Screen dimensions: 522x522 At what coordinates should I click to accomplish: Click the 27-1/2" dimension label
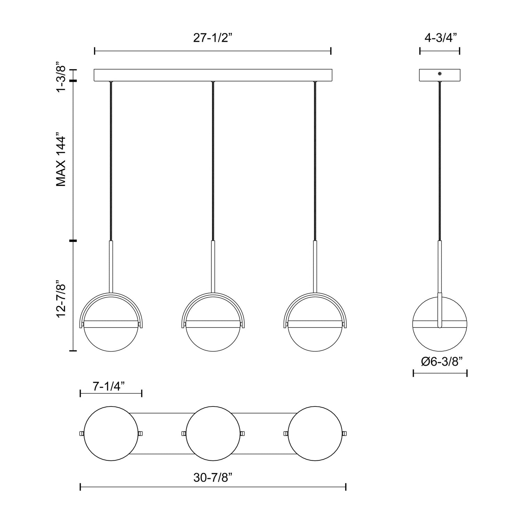click(x=212, y=38)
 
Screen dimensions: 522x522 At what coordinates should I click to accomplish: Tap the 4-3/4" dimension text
click(x=440, y=38)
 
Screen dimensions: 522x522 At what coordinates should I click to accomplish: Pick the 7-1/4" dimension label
click(x=109, y=386)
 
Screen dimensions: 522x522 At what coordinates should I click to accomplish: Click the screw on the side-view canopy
click(x=440, y=74)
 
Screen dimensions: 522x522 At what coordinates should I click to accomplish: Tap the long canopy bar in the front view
click(x=213, y=75)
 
